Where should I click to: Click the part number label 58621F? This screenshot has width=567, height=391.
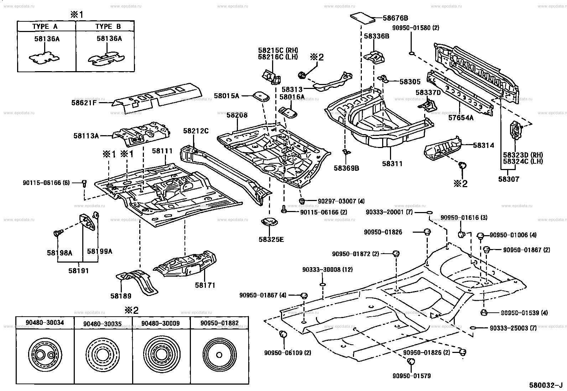[x=84, y=103]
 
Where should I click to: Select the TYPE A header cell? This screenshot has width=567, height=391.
[x=47, y=26]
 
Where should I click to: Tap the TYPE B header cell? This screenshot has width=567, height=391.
[x=105, y=26]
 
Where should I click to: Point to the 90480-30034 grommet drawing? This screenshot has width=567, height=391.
[x=45, y=355]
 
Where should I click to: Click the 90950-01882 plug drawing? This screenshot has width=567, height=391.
[x=219, y=355]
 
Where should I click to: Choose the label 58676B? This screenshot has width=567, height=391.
[x=395, y=18]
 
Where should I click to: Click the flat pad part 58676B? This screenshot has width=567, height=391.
[x=363, y=18]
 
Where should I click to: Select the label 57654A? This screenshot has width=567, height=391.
[x=461, y=118]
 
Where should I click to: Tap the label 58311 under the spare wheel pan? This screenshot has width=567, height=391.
[x=392, y=164]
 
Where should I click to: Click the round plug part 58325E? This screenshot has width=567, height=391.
[x=269, y=222]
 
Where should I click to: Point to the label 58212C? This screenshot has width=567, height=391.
[x=196, y=131]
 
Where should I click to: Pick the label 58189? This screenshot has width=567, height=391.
[x=121, y=296]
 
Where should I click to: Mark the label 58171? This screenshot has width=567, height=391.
[x=205, y=285]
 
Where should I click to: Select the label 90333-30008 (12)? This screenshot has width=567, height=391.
[x=328, y=270]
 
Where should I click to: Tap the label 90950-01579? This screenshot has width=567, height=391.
[x=412, y=376]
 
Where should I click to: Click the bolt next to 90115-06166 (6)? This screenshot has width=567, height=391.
[x=84, y=183]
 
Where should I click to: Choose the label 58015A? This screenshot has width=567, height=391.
[x=227, y=96]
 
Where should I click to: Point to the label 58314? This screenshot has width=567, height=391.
[x=483, y=145]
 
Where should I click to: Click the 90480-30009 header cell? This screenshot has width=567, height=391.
[x=161, y=323]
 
